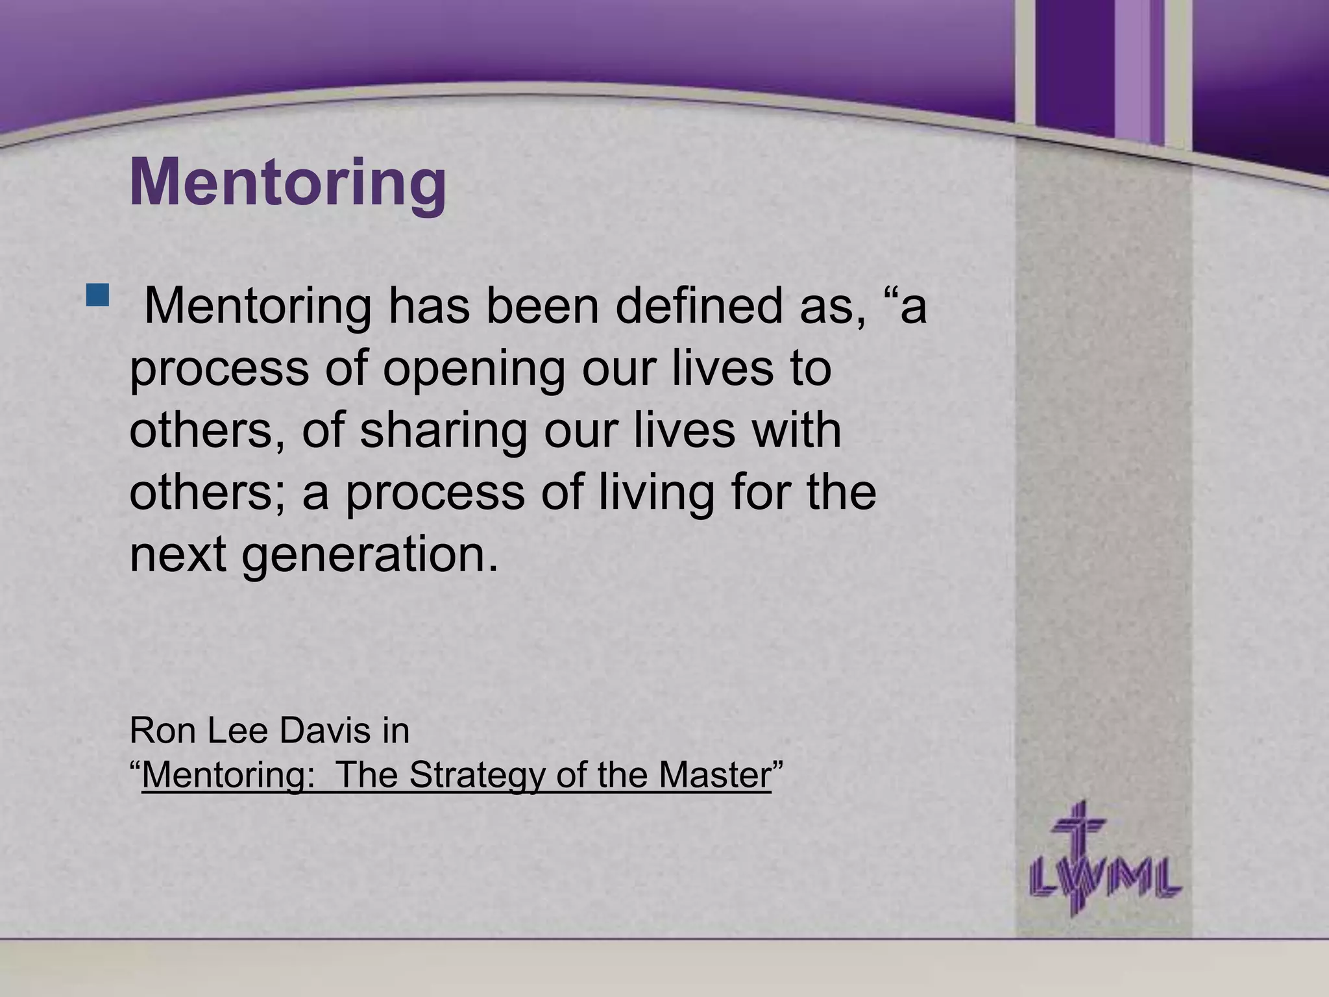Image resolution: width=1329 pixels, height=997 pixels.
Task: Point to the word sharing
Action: click(x=443, y=431)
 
